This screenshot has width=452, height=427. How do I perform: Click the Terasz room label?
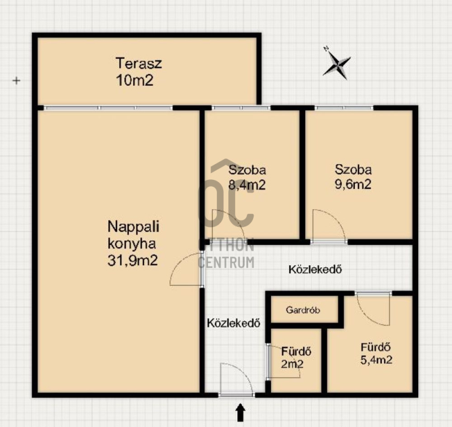coord(138,63)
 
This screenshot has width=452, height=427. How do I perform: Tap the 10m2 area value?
coord(134,80)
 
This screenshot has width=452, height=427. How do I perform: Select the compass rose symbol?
coord(336,63)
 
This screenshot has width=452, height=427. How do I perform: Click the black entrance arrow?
coord(241,412)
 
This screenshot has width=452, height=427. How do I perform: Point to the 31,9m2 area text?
coord(132,261)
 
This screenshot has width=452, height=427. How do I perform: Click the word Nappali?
coord(133,226)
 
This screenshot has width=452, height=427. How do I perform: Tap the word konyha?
coord(132,244)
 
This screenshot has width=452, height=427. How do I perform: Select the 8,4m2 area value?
coord(247,184)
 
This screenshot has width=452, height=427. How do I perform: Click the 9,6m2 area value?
coord(353,184)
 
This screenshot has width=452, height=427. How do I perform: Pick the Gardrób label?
coord(303,310)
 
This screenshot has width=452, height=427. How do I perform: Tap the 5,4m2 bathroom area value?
coord(376,360)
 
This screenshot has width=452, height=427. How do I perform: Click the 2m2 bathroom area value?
coord(292,364)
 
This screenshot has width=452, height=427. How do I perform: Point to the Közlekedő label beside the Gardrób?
coord(233,323)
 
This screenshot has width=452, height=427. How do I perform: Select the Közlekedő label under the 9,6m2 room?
coord(315,269)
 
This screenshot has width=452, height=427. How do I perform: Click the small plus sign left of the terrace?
coord(16,81)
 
